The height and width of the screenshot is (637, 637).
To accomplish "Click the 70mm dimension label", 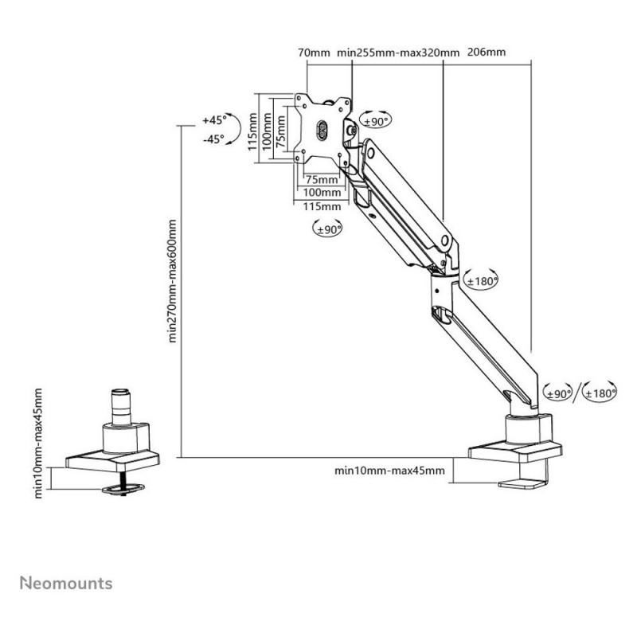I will click(x=313, y=53).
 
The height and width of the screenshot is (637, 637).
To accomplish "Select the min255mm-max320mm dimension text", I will click(x=398, y=53).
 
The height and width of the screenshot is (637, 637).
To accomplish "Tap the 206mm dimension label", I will click(x=487, y=53).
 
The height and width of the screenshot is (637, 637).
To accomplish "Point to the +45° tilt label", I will click(x=214, y=120).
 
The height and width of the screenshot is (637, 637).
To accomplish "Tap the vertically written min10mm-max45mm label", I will click(x=40, y=444).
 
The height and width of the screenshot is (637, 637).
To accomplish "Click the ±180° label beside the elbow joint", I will click(x=481, y=280).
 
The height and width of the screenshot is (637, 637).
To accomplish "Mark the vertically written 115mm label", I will click(x=252, y=131).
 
